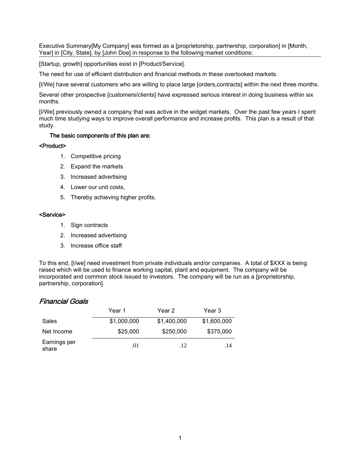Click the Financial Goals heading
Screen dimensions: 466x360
click(63, 302)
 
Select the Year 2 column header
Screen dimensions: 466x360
click(166, 311)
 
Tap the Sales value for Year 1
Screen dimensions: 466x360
click(124, 321)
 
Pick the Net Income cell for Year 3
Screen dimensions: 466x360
click(219, 332)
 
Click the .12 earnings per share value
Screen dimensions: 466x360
click(183, 346)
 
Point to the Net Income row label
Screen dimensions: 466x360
click(57, 332)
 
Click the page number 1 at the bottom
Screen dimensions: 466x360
click(180, 438)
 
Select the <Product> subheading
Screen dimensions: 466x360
click(52, 146)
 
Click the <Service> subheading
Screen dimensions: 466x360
click(52, 215)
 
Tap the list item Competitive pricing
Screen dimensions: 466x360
click(95, 156)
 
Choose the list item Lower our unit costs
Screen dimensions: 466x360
click(97, 187)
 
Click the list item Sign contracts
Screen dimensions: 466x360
click(89, 225)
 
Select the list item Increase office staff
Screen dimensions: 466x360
click(96, 246)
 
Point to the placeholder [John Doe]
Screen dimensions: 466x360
click(117, 53)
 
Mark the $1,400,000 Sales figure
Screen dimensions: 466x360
click(172, 321)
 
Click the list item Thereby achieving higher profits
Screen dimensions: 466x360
click(113, 197)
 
